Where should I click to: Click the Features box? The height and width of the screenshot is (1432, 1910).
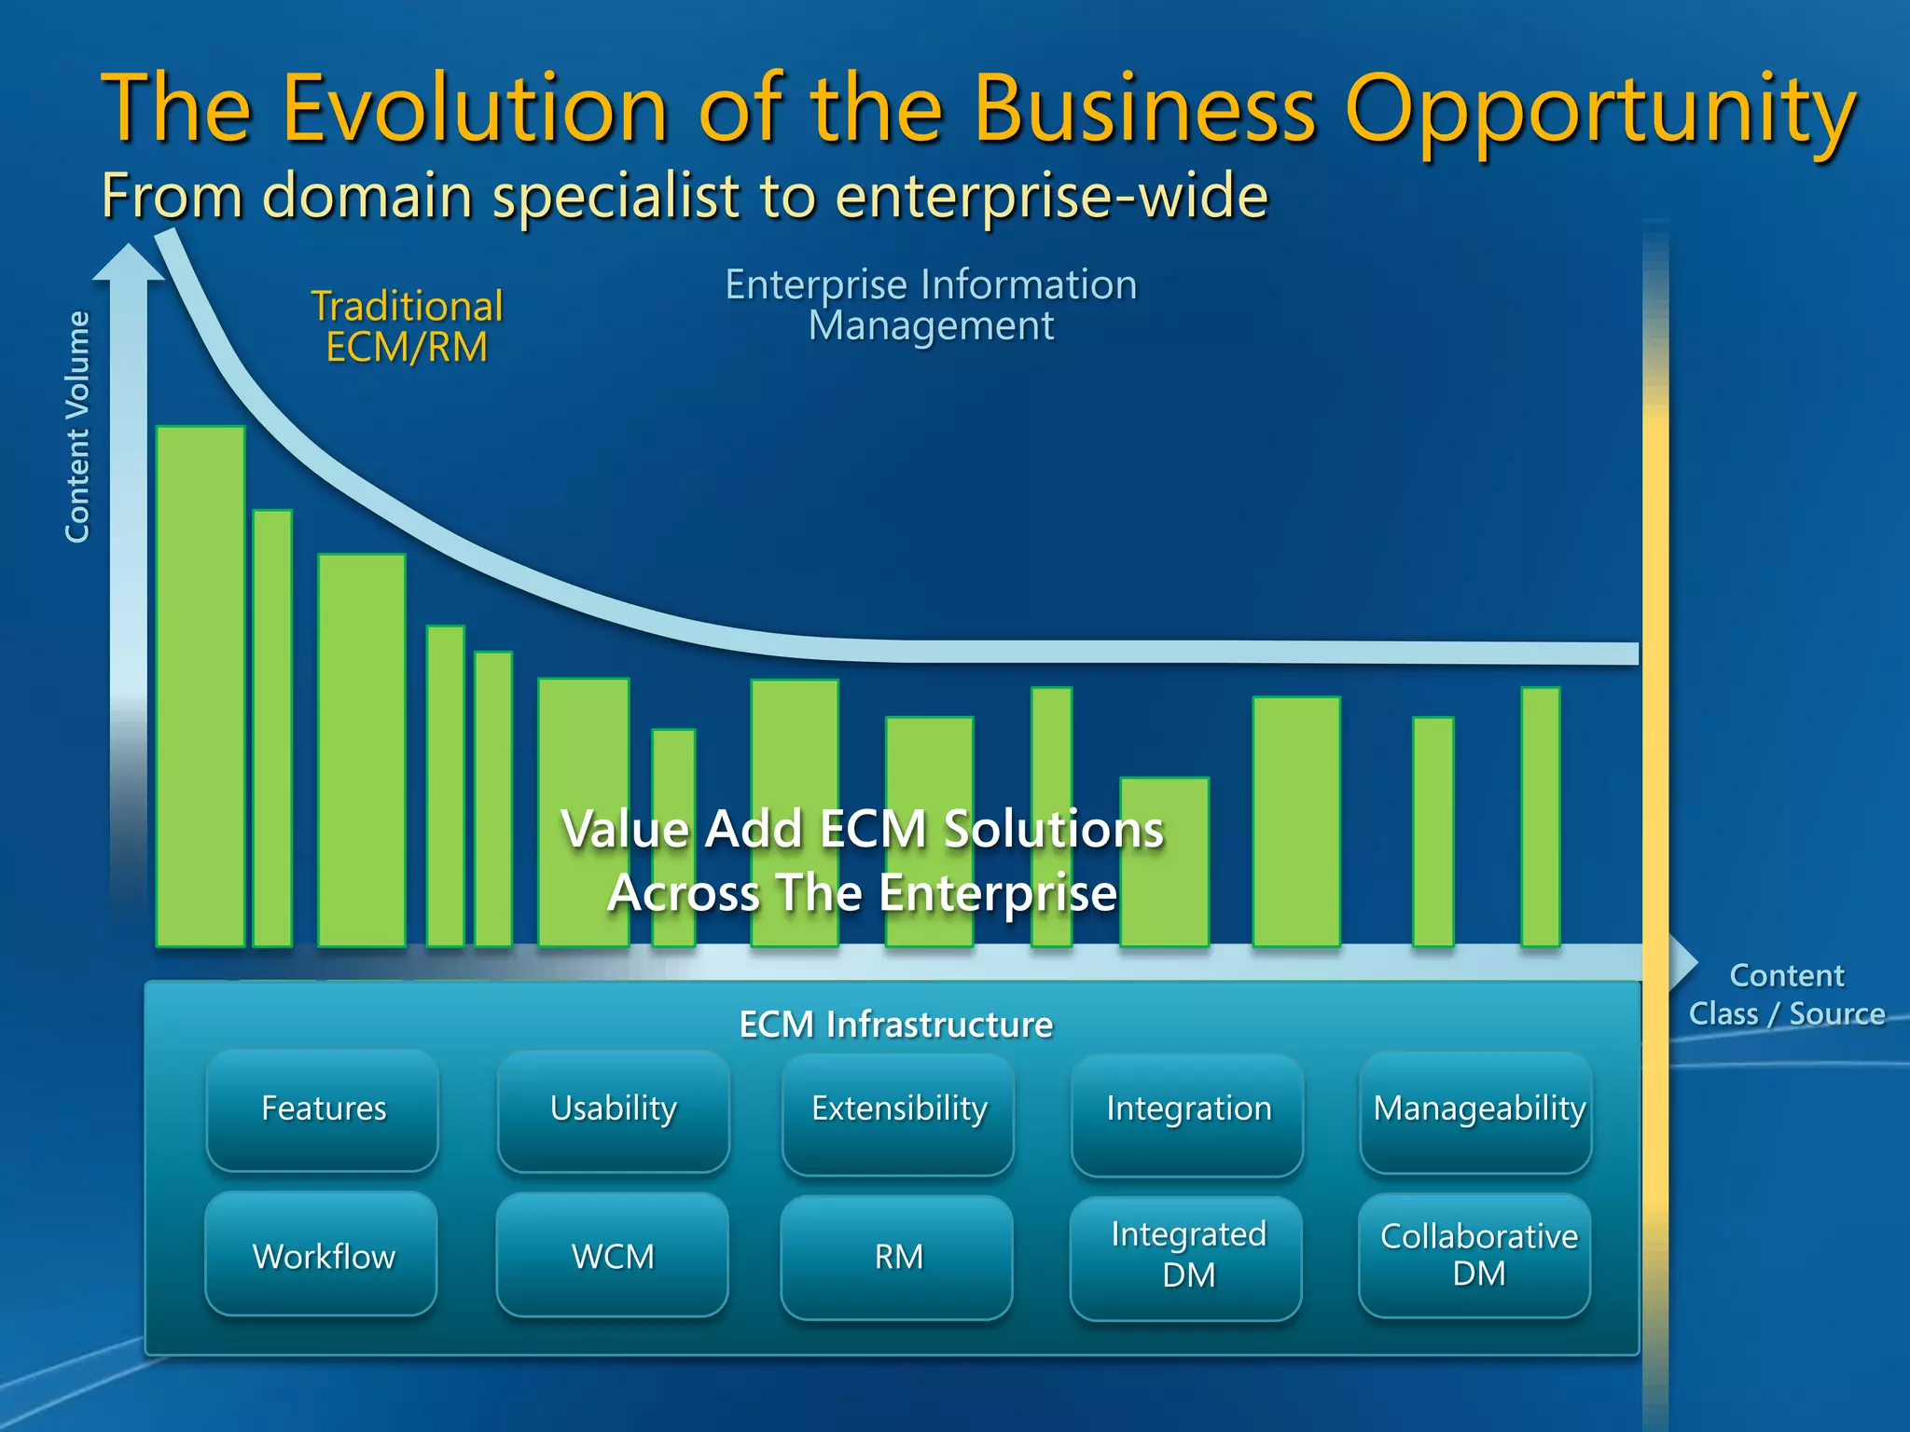323,1109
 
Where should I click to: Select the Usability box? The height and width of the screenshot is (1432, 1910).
613,1109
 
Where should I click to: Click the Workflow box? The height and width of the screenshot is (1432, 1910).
323,1256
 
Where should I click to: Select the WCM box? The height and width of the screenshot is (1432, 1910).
613,1256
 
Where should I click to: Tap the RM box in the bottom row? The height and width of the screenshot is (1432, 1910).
898,1256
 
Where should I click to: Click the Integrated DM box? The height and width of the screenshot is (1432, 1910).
1187,1256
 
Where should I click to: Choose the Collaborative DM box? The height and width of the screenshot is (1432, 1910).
1477,1256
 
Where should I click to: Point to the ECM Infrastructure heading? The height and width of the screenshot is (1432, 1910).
895,1025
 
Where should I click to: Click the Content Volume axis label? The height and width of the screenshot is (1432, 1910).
77,427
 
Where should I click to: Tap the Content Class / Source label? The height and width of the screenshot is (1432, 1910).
1786,995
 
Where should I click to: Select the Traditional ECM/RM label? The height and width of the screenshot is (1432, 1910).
407,326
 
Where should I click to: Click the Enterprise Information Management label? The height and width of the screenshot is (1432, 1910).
931,305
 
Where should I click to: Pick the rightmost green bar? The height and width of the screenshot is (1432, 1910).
1540,816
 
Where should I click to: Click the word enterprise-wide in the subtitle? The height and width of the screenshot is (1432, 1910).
1051,196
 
